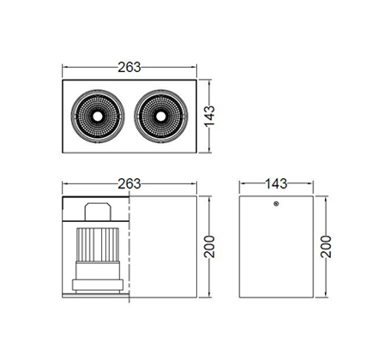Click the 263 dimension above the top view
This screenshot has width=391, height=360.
[129, 67]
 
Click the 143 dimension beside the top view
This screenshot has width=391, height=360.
[209, 116]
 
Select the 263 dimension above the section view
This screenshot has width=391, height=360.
[129, 183]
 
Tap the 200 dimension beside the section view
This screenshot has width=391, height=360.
[209, 247]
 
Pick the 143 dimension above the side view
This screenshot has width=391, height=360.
[276, 183]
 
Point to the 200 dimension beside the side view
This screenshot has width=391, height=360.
[326, 247]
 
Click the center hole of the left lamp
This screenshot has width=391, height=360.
[97, 117]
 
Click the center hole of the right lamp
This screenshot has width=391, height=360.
[160, 117]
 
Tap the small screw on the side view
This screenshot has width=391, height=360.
[276, 204]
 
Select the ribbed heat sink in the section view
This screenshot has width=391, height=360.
[97, 244]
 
